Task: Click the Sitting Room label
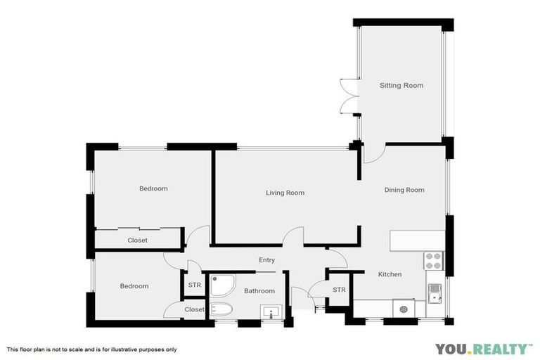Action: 401,86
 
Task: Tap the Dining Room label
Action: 404,190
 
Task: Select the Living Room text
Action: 285,193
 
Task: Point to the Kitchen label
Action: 390,274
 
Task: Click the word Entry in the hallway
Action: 266,260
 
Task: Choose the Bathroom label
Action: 259,291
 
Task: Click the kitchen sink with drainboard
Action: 435,292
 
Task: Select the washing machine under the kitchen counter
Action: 403,308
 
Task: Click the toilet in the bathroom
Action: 221,309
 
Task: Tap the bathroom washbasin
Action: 270,311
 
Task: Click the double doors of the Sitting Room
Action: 347,96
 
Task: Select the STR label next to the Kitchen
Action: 339,290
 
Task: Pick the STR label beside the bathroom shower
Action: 195,285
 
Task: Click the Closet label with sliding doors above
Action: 137,240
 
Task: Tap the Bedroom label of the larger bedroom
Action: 153,188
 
